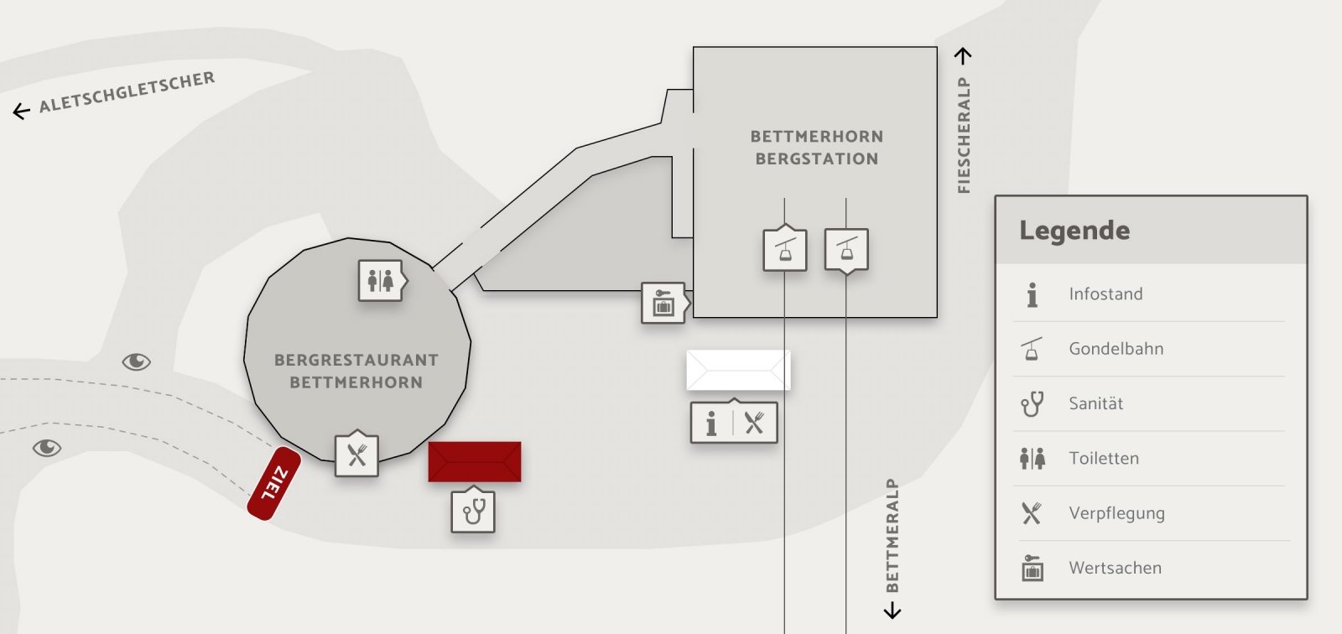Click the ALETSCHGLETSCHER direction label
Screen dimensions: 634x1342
tap(127, 91)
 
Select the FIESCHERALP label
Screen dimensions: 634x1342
tap(964, 135)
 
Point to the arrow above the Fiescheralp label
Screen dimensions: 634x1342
tap(964, 56)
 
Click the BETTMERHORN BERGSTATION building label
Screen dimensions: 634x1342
tap(816, 148)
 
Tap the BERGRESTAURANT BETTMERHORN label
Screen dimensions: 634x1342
tap(356, 371)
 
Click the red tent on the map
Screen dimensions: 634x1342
tap(475, 461)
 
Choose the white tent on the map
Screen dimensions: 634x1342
tap(738, 370)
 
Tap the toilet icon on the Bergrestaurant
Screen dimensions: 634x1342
tap(380, 280)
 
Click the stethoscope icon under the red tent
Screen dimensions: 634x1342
tap(473, 511)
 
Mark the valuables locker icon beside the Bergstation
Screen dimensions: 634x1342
tap(663, 303)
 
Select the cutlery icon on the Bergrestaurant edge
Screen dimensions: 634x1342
tap(356, 455)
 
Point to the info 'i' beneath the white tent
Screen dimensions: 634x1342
tap(711, 424)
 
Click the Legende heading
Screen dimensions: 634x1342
tap(1074, 231)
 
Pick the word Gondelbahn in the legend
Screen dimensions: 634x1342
tap(1116, 349)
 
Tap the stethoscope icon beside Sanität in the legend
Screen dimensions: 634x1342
tap(1032, 404)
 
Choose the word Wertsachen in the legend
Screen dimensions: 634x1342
tap(1115, 568)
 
